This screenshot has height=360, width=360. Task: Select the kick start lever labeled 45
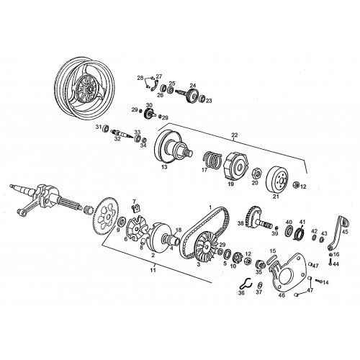[x=338, y=233]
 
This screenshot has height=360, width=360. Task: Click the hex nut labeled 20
[x=256, y=173]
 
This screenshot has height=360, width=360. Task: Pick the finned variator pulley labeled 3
[x=206, y=247]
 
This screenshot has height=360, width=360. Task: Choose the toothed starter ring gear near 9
[x=106, y=216]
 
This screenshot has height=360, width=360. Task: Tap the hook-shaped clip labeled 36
[x=243, y=284]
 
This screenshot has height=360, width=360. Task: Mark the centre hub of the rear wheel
[x=90, y=90]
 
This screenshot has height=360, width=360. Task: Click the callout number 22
[x=235, y=135]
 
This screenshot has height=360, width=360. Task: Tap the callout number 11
[x=153, y=270]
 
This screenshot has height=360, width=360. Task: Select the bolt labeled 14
[x=318, y=281]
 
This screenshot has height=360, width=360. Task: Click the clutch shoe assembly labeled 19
[x=236, y=164]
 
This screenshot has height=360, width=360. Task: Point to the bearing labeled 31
[x=106, y=129]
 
